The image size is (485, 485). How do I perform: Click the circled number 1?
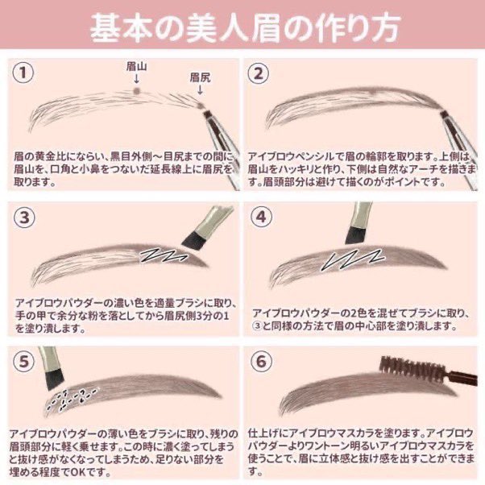pos(23,72)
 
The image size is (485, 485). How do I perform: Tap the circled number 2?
pos(259,73)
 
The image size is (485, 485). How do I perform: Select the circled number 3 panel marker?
pos(24,218)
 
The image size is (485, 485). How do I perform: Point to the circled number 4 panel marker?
pos(261,217)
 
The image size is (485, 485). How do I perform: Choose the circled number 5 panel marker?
pos(24,361)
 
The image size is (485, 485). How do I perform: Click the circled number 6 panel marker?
pos(261,361)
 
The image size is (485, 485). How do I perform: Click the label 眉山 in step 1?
pos(136,66)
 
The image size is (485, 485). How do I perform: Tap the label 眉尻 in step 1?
pos(200,77)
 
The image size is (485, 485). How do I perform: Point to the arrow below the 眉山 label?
pos(136,79)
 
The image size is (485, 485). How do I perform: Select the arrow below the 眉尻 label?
pos(200,89)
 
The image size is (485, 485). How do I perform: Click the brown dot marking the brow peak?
pos(136,90)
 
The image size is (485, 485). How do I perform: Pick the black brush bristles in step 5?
pos(55,380)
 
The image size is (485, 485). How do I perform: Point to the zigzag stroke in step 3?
pos(164,255)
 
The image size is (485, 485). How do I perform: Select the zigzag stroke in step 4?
pos(353,259)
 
